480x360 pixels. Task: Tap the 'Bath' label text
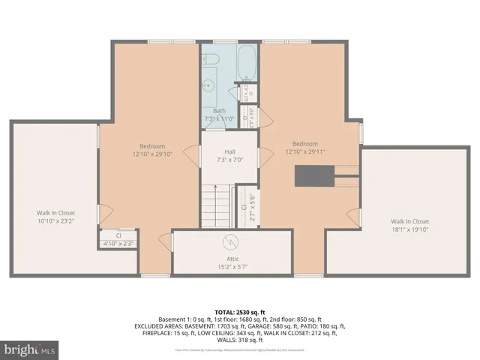(219, 111)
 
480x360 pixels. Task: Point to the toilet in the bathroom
(211, 58)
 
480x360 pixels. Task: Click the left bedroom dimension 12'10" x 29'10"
(152, 154)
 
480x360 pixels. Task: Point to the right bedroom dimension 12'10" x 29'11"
(305, 151)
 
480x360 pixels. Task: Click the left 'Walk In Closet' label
(56, 213)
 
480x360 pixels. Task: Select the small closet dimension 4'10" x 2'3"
(118, 243)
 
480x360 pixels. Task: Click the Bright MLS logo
(31, 349)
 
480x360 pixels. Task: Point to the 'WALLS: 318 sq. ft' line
(239, 340)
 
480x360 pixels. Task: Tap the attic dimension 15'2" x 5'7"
(232, 265)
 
